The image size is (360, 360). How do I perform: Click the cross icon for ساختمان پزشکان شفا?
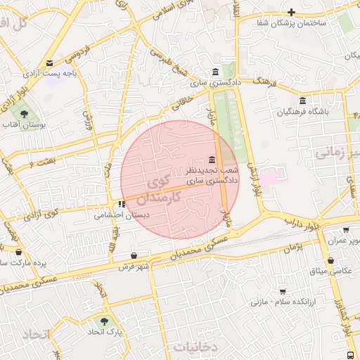tap(291, 12)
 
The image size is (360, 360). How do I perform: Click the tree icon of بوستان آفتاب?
tap(25, 113)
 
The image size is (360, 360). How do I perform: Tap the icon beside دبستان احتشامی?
tap(122, 205)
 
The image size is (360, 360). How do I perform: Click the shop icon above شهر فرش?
tap(134, 255)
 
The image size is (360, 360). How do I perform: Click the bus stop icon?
tap(351, 355)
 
